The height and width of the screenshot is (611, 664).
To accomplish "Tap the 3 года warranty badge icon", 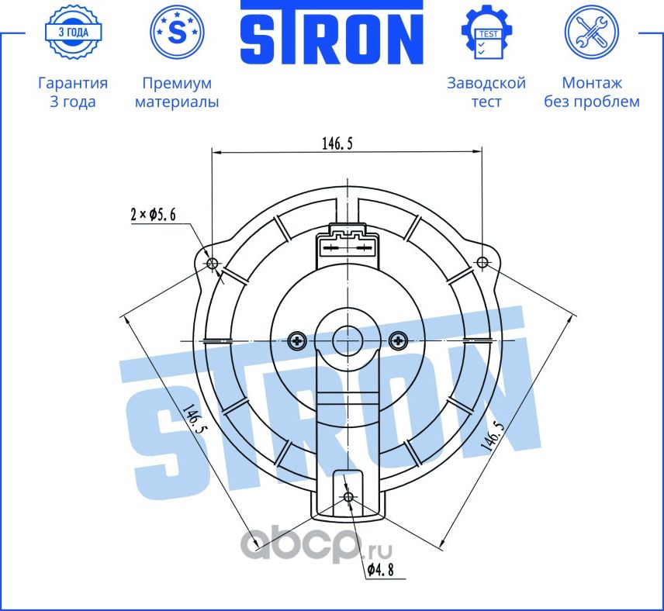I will (72, 33).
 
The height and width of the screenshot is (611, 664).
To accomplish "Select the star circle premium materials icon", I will (177, 33).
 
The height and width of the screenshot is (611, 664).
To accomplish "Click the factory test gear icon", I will (486, 33).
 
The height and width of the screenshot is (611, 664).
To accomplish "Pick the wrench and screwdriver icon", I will (591, 33).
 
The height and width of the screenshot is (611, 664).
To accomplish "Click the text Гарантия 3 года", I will (72, 92).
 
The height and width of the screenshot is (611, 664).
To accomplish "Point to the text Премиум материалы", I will (177, 92).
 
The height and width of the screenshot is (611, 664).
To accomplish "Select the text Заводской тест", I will (486, 92).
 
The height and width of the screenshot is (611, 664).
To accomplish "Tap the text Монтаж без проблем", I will (591, 92).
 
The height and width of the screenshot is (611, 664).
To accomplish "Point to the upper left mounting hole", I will (213, 262).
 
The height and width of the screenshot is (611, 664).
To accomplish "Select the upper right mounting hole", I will (482, 262).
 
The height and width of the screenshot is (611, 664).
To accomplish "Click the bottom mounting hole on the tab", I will (348, 496).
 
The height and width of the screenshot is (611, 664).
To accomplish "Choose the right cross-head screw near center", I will (399, 340).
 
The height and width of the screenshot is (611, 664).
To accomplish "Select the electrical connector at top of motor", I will (348, 246).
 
